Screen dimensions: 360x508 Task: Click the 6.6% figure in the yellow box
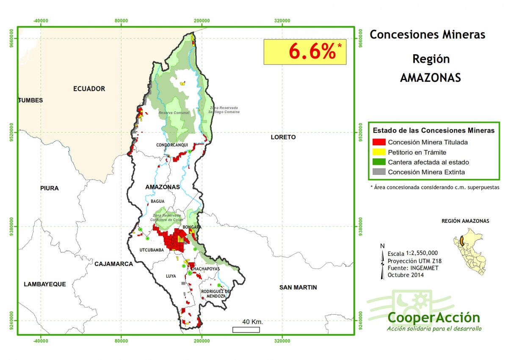pos(312,52)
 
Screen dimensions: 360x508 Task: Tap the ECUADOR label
pos(89,89)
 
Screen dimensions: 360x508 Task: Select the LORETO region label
pos(283,137)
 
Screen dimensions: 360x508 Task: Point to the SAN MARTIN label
pos(298,288)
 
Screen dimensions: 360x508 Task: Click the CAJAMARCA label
pos(113,264)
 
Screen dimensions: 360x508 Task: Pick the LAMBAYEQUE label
pos(45,284)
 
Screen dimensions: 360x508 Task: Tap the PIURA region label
pos(50,188)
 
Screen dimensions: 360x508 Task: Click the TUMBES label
pos(30,100)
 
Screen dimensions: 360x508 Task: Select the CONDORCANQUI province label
pos(172,145)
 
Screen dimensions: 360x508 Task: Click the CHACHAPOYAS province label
pos(205,269)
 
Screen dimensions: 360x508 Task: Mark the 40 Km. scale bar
pos(246,330)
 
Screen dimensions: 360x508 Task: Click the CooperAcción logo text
pos(433,317)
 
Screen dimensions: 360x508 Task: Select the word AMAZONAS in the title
pos(430,78)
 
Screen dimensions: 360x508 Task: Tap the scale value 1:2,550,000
pos(422,253)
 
